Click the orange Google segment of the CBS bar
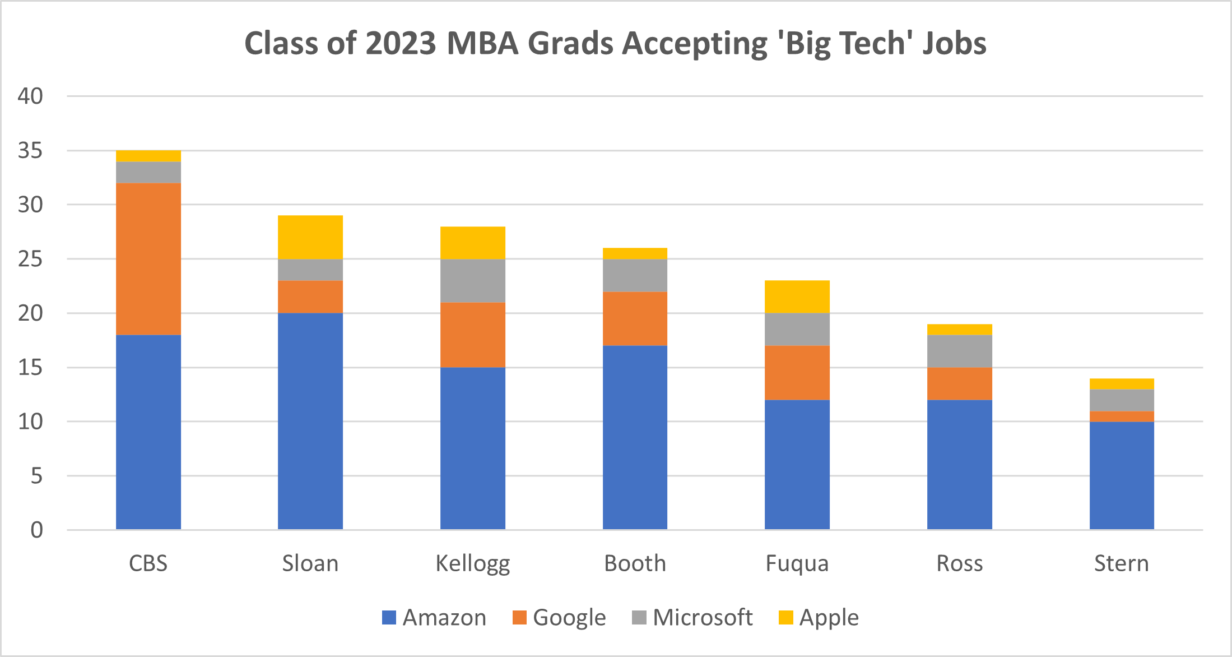(x=148, y=258)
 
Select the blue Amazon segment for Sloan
(x=310, y=420)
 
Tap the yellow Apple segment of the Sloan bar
(x=310, y=237)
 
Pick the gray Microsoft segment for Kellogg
(x=472, y=280)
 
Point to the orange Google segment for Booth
(x=635, y=318)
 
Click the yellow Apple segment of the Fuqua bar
(x=797, y=296)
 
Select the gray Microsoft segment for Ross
(x=959, y=351)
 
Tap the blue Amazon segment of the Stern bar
(x=1122, y=475)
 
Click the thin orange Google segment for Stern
(x=1122, y=416)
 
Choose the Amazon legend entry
(x=434, y=617)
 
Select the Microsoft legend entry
(x=692, y=617)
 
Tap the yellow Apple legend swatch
(x=785, y=617)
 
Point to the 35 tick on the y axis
(x=30, y=150)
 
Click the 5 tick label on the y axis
(x=36, y=476)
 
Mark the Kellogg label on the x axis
(x=472, y=563)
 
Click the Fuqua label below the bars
(x=797, y=563)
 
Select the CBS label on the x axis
(x=148, y=563)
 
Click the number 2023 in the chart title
(x=401, y=43)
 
